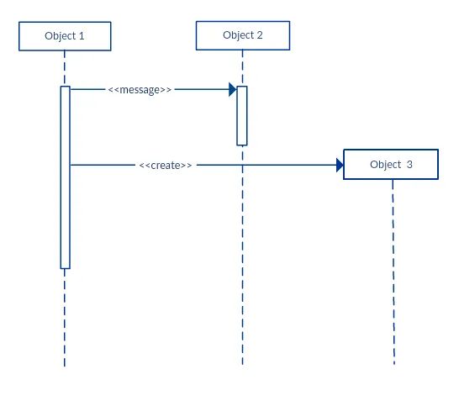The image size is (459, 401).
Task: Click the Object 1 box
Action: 64,36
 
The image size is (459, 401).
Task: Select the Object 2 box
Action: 242,35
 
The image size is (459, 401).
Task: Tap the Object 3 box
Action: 391,165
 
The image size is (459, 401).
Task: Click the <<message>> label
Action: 140,88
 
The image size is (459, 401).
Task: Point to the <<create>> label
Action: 166,166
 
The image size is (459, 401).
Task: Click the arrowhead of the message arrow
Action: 232,88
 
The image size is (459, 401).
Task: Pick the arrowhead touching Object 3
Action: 340,166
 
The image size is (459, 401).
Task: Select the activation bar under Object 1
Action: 65,177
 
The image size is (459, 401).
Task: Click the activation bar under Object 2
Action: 242,115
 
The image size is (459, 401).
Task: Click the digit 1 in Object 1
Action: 82,36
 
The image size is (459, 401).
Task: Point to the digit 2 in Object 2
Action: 260,35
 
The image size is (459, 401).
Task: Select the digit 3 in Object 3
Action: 409,165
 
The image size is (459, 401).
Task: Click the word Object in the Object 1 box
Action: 59,36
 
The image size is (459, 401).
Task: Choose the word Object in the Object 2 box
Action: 237,35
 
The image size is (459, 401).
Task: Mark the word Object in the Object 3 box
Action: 385,165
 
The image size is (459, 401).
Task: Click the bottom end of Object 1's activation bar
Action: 65,267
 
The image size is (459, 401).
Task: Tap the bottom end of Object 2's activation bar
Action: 242,145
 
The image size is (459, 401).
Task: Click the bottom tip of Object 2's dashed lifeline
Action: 242,363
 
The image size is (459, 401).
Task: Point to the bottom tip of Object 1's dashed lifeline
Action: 64,364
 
